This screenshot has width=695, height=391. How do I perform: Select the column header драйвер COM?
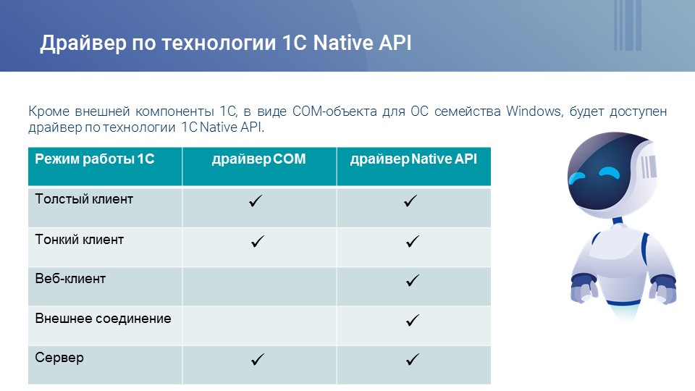tap(259, 159)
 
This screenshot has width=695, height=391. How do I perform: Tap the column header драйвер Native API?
tap(413, 159)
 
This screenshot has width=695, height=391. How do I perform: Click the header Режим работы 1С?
tap(95, 159)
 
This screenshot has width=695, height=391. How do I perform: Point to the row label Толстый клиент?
tap(84, 199)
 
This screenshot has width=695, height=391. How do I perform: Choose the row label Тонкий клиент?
tap(80, 240)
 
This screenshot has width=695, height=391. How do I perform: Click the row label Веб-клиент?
tap(70, 278)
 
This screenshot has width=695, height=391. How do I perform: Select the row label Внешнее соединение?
tap(104, 319)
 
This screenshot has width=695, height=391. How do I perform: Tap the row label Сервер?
tap(59, 358)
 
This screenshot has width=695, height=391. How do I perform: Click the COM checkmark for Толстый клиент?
tap(256, 201)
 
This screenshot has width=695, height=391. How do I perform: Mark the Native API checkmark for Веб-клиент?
tap(413, 280)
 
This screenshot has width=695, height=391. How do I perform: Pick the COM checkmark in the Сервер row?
tap(258, 359)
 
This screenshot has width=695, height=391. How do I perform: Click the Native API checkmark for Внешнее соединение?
tap(413, 320)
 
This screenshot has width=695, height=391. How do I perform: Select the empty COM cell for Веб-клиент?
tap(259, 287)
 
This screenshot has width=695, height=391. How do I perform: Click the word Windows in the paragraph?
tap(534, 111)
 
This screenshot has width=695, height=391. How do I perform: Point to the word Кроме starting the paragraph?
tap(49, 111)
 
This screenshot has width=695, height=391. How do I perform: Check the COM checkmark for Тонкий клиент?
tap(258, 241)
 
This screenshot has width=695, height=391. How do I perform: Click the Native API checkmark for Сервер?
tap(413, 359)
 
